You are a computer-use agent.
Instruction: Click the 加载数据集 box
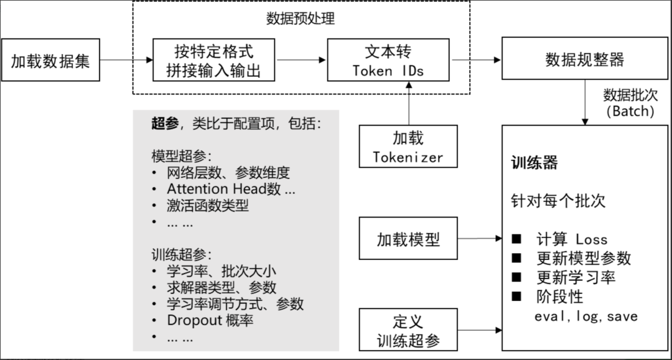[x=50, y=61]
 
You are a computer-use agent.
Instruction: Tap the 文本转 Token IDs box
[x=388, y=60]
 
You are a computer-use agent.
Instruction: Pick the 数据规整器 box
[x=584, y=60]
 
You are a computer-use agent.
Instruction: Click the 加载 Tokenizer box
[x=408, y=147]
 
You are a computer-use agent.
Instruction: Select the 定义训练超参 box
[x=408, y=330]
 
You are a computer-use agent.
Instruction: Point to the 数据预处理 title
[x=301, y=19]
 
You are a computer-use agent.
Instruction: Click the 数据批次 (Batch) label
[x=630, y=103]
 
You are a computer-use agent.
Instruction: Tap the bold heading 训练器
[x=534, y=164]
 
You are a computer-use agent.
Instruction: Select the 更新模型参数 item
[x=583, y=258]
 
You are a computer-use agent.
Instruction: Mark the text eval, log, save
[x=586, y=316]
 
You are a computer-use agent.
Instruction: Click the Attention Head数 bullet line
[x=231, y=188]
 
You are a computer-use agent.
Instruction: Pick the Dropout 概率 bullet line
[x=210, y=321]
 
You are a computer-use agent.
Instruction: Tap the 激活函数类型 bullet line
[x=208, y=205]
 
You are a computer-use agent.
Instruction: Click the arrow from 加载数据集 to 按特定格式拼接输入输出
[x=126, y=60]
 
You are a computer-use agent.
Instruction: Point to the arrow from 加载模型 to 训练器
[x=480, y=239]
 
